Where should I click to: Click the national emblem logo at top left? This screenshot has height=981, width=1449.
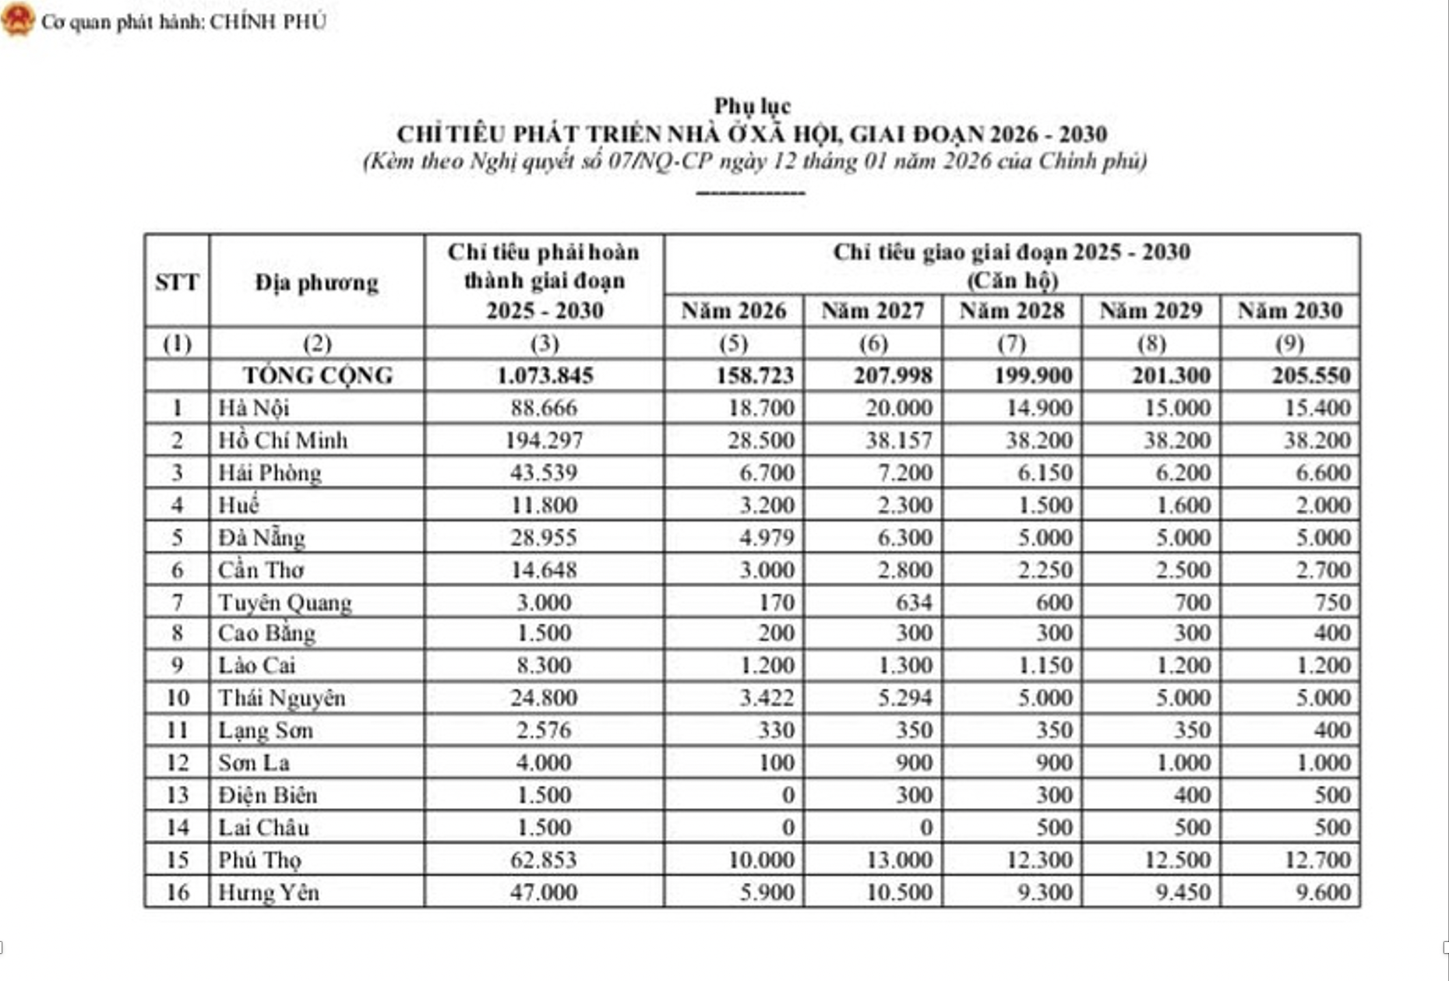[x=18, y=19]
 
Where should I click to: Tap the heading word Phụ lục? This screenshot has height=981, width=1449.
[x=753, y=106]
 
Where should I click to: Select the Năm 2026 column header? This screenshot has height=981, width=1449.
[x=734, y=311]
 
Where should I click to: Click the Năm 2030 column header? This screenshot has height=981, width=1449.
[x=1290, y=311]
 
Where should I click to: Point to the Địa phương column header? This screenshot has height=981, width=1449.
[x=316, y=282]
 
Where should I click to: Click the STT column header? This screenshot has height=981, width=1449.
[x=177, y=282]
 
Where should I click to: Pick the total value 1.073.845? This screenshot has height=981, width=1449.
[x=545, y=375]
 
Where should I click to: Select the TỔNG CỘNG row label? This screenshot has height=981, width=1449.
[x=318, y=375]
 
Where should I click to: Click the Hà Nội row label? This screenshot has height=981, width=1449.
[x=254, y=408]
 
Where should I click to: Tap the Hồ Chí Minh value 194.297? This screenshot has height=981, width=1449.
[x=544, y=441]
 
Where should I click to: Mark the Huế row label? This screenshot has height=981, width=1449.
[x=238, y=505]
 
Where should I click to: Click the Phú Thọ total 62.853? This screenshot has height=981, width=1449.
[x=544, y=860]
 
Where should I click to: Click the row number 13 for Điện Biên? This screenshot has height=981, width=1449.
[x=178, y=795]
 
